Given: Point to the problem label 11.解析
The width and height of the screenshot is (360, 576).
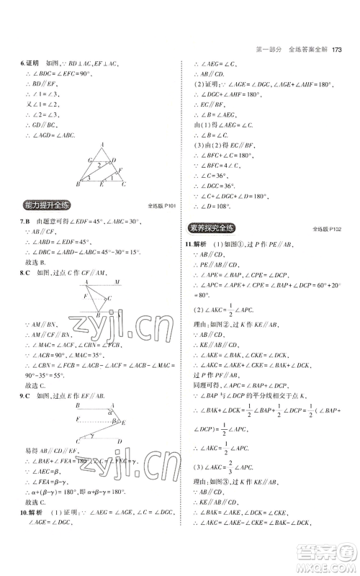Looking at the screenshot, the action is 202,244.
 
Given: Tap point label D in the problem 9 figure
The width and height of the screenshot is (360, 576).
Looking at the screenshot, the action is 120,441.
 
